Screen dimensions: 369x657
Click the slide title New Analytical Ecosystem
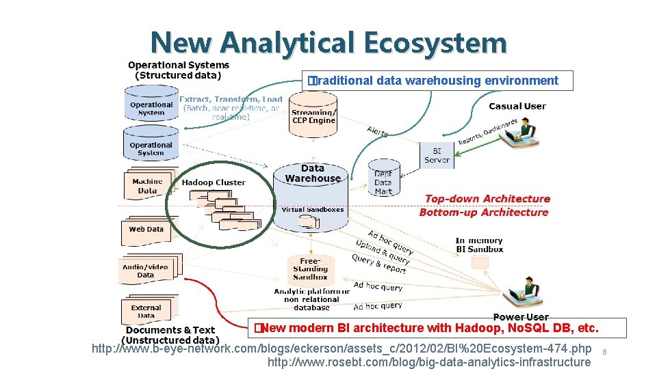tap(328, 42)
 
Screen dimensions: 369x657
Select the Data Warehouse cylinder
tap(312, 188)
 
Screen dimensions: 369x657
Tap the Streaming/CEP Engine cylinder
tap(313, 117)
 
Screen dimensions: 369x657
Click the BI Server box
tap(437, 155)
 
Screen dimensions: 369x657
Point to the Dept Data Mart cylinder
tap(383, 179)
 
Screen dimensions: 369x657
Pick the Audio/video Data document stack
tap(146, 271)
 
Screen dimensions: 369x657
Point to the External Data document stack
tap(147, 311)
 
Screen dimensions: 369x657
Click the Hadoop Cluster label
tap(213, 182)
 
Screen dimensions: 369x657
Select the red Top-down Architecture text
tap(487, 199)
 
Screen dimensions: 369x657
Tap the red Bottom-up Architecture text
tap(484, 213)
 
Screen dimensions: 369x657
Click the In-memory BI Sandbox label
tap(479, 245)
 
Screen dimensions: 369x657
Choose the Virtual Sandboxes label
tap(312, 210)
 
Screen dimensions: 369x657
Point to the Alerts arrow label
tap(377, 132)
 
